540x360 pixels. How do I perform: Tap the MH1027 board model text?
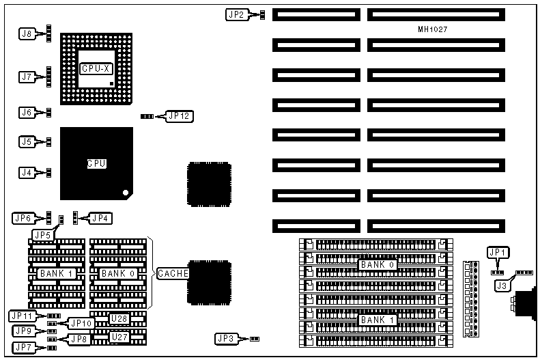click(x=433, y=29)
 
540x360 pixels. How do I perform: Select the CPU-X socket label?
click(x=95, y=68)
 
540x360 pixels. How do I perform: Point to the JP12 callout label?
click(x=180, y=116)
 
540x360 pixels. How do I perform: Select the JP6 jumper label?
click(x=23, y=218)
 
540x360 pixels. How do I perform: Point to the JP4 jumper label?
click(x=100, y=218)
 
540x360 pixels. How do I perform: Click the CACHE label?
click(x=173, y=273)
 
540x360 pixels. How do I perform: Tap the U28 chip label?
click(x=119, y=318)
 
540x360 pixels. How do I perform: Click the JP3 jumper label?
click(x=225, y=338)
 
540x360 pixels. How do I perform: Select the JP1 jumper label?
click(x=498, y=252)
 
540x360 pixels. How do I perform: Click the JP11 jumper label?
click(x=22, y=316)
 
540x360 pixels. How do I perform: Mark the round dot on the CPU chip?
click(x=125, y=192)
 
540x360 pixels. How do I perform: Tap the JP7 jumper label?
click(x=23, y=348)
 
